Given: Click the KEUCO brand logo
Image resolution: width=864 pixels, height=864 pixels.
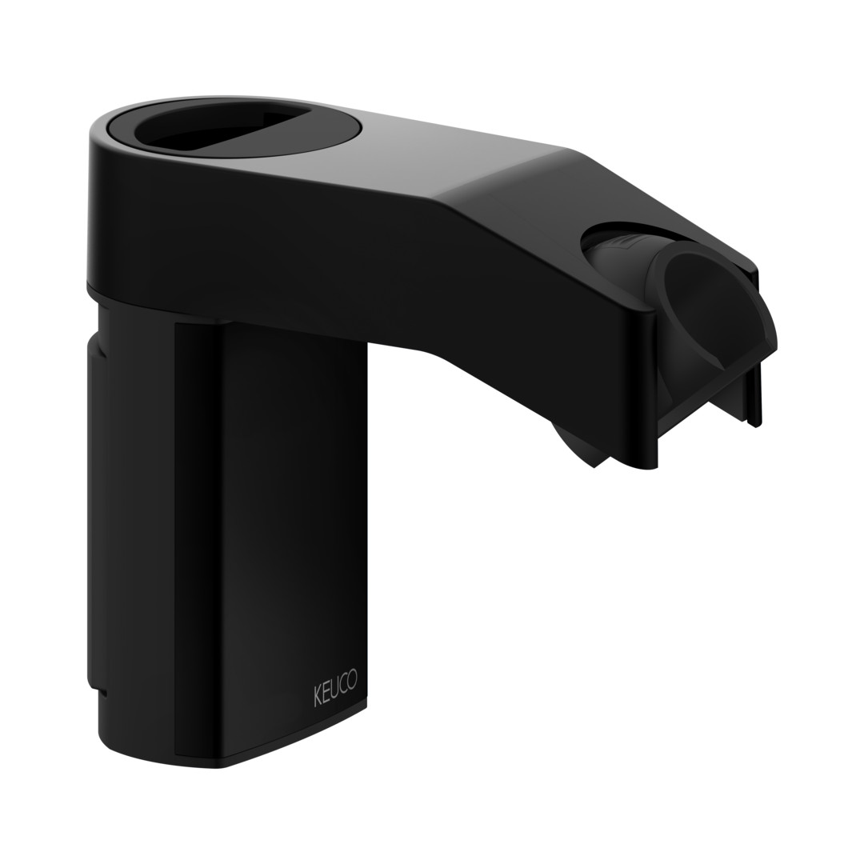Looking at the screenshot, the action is tap(335, 686).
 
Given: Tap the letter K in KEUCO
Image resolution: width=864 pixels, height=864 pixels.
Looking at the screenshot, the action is tap(318, 696).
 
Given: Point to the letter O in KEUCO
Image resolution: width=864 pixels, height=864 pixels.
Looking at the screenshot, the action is tap(351, 678).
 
